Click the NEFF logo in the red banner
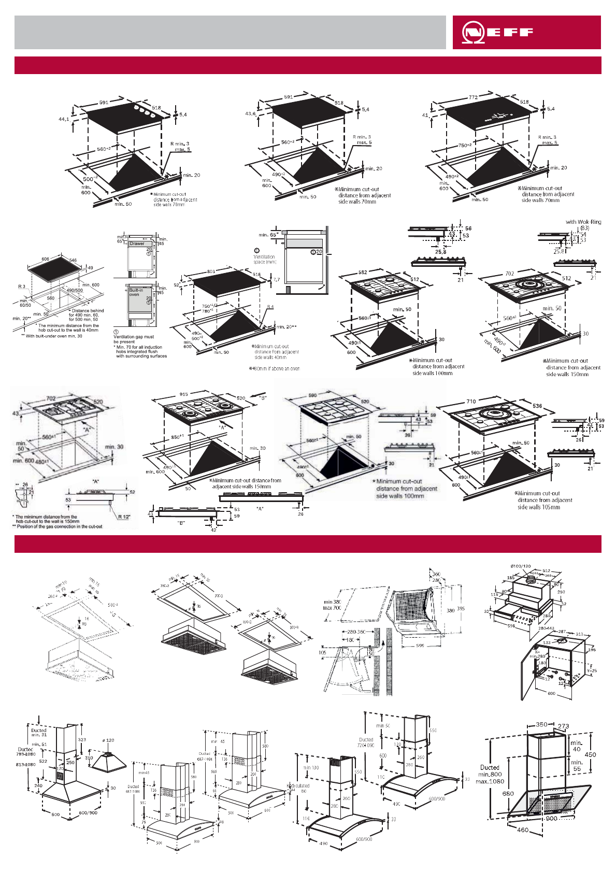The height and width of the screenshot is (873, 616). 497,32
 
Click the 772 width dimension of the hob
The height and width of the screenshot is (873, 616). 473,97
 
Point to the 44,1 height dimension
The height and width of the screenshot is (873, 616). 64,119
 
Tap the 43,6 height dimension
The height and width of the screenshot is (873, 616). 250,113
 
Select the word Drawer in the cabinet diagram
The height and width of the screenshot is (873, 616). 137,244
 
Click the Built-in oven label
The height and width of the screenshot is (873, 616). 136,292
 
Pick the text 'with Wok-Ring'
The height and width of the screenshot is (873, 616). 583,222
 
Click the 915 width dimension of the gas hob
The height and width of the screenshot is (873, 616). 183,394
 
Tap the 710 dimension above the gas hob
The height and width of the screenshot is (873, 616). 471,402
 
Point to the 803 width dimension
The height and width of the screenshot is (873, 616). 211,271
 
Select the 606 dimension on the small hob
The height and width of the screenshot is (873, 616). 45,259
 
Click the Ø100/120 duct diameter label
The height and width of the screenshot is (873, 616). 520,566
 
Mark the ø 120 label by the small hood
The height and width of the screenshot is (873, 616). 108,740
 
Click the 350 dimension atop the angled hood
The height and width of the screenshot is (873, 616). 541,724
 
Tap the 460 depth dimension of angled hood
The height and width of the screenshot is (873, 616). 523,829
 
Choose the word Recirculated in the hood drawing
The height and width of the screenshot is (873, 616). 298,785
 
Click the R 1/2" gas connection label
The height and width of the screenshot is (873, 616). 124,517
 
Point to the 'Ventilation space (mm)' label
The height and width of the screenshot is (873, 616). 264,259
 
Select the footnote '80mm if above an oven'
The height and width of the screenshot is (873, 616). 275,369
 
